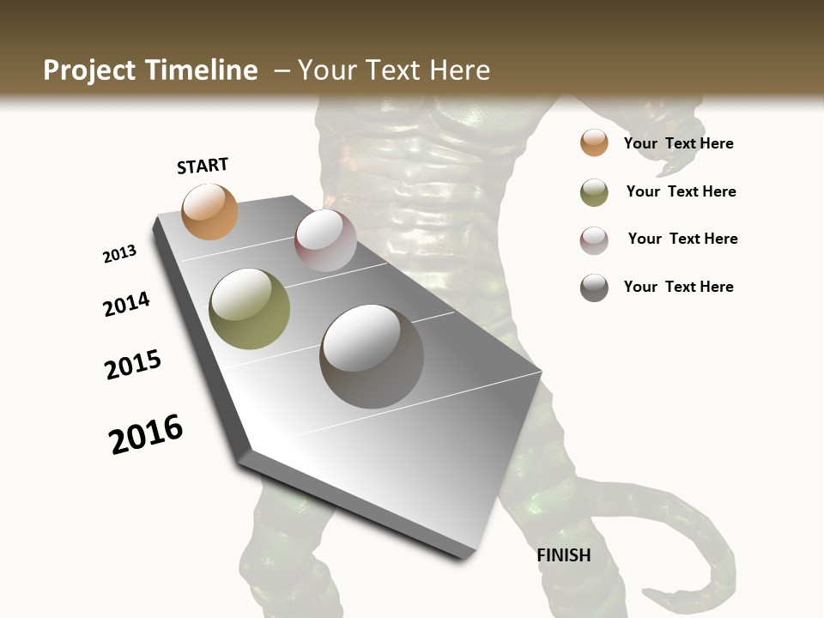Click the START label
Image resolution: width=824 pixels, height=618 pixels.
click(x=203, y=166)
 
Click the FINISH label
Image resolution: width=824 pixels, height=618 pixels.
click(x=563, y=555)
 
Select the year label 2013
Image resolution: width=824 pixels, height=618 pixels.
click(x=119, y=254)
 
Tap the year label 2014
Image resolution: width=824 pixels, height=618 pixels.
click(x=126, y=304)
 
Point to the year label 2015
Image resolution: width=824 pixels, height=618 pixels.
click(x=133, y=365)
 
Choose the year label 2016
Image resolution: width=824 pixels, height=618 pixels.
click(x=146, y=433)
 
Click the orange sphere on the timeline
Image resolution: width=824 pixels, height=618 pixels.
click(x=209, y=211)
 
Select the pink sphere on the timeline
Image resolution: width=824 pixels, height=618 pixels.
click(x=325, y=240)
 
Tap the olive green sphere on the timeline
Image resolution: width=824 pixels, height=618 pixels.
click(x=249, y=308)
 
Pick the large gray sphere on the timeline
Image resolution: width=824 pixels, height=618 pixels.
click(x=372, y=356)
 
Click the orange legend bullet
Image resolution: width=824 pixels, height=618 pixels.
click(x=594, y=142)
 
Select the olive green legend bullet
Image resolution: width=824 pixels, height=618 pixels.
click(x=594, y=192)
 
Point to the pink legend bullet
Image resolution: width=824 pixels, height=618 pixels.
click(x=594, y=240)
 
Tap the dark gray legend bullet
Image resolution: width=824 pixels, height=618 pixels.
click(x=594, y=288)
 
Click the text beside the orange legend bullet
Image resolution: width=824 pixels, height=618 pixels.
click(x=678, y=143)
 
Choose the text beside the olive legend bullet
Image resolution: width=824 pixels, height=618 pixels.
click(x=681, y=191)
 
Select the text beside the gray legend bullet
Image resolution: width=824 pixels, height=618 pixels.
click(x=678, y=287)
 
